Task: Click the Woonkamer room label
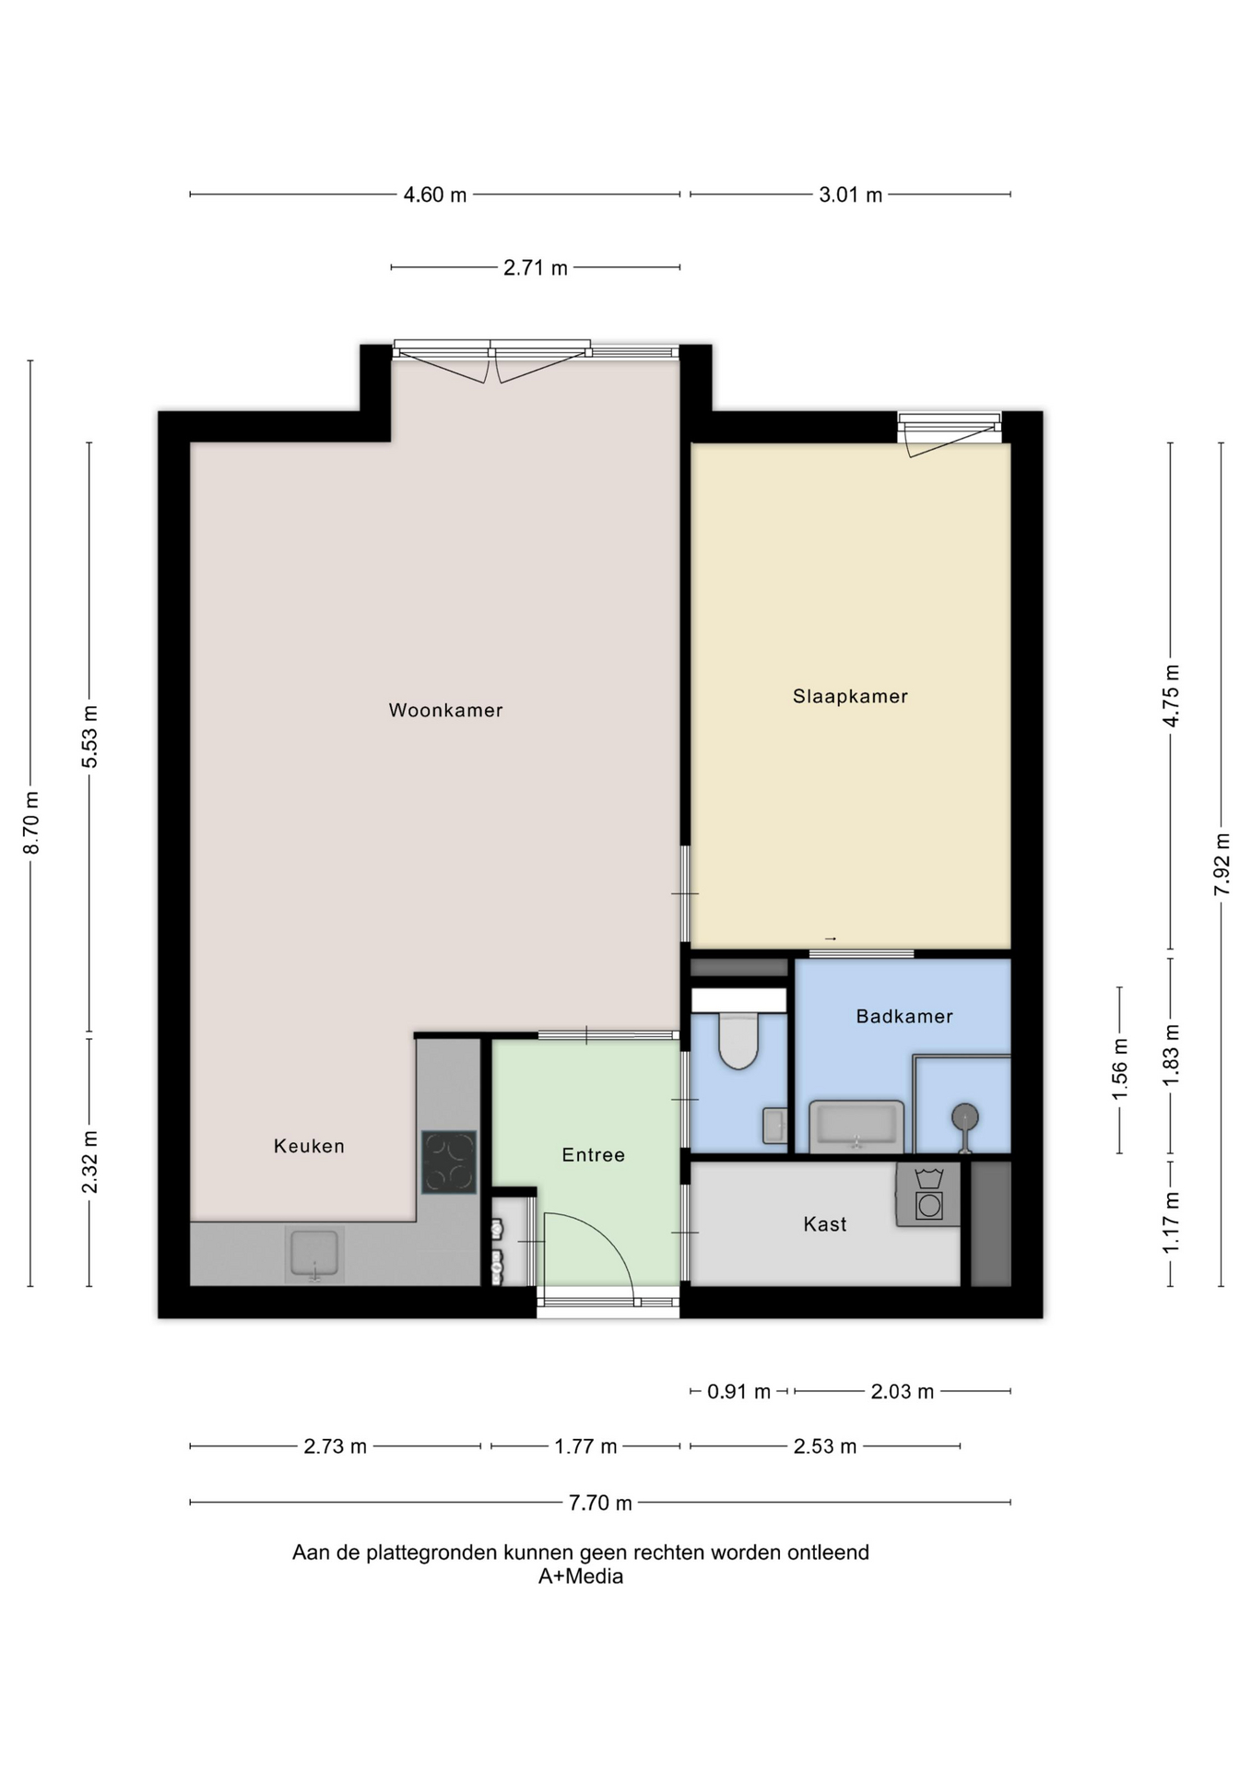[x=445, y=710]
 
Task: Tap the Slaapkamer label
[x=850, y=696]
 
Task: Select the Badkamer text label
[x=904, y=1016]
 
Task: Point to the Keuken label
[x=309, y=1146]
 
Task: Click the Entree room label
[x=593, y=1155]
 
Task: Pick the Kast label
[x=824, y=1224]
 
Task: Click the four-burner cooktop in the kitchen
[x=449, y=1162]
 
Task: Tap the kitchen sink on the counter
[x=314, y=1254]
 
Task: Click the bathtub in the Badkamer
[x=856, y=1127]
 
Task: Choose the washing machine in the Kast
[x=928, y=1194]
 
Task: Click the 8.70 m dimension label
[x=31, y=822]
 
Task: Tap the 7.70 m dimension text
[x=600, y=1503]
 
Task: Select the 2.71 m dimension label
[x=535, y=268]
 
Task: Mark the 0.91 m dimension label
[x=738, y=1391]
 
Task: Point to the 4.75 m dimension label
[x=1171, y=696]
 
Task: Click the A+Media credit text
[x=581, y=1576]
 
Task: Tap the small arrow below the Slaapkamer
[x=830, y=938]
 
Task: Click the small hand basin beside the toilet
[x=774, y=1126]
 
